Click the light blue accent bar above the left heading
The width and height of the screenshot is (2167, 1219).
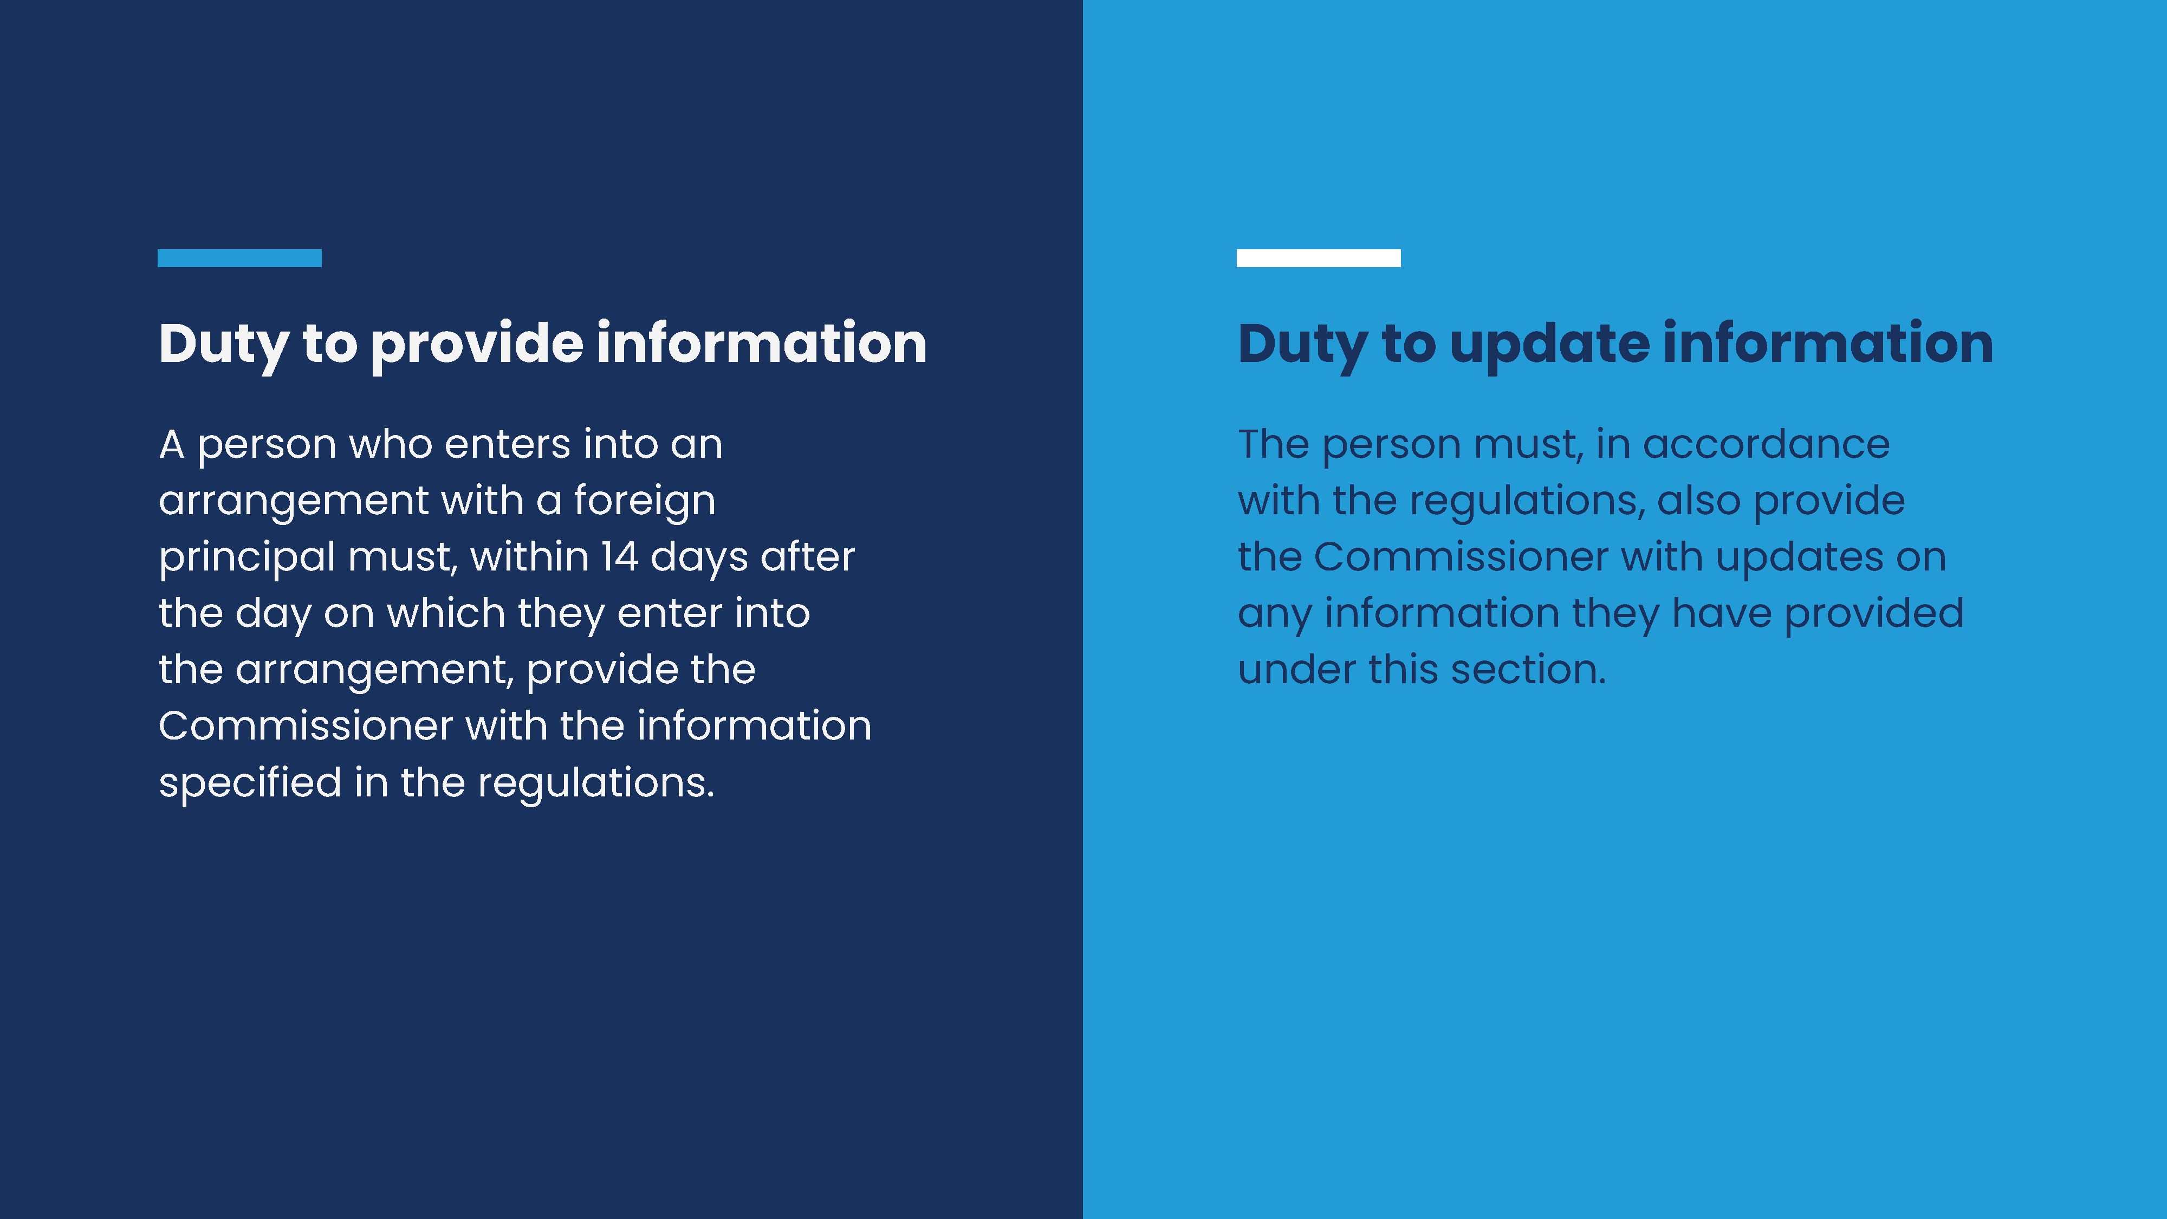pyautogui.click(x=240, y=258)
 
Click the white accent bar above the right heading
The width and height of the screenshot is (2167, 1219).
pyautogui.click(x=1318, y=258)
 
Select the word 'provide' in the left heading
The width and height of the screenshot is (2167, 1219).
pyautogui.click(x=477, y=345)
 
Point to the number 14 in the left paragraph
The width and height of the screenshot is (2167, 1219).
pyautogui.click(x=619, y=557)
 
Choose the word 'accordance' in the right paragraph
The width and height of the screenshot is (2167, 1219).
pyautogui.click(x=1767, y=444)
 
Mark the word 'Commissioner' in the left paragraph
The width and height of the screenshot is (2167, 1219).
pyautogui.click(x=306, y=726)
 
